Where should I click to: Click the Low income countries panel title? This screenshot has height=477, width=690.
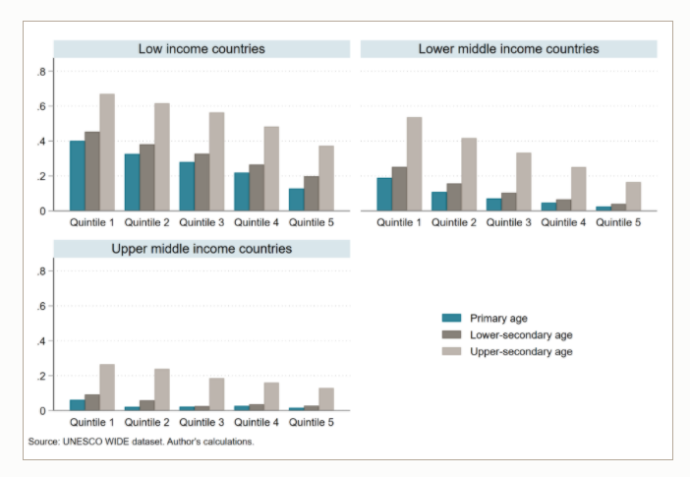(201, 49)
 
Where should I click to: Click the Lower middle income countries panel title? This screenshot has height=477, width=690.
(508, 49)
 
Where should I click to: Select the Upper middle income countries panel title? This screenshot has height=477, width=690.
(201, 249)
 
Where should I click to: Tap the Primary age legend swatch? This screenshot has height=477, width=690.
(451, 317)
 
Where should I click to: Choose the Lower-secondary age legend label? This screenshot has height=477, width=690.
(522, 333)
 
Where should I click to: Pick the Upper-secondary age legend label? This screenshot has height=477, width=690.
(522, 350)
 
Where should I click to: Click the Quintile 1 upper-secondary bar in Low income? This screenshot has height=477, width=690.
(107, 152)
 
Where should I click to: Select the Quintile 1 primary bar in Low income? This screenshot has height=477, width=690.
(77, 176)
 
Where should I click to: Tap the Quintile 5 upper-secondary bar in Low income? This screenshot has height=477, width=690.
(326, 178)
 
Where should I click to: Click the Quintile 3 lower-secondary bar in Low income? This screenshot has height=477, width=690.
(201, 182)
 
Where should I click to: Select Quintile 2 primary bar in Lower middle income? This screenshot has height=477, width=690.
(439, 202)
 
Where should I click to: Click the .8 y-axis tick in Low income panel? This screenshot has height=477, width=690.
(42, 72)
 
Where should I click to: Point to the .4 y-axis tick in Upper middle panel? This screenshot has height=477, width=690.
(42, 341)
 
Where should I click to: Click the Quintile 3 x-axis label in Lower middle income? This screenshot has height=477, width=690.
(508, 222)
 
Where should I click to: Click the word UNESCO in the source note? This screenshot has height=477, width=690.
(82, 442)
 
